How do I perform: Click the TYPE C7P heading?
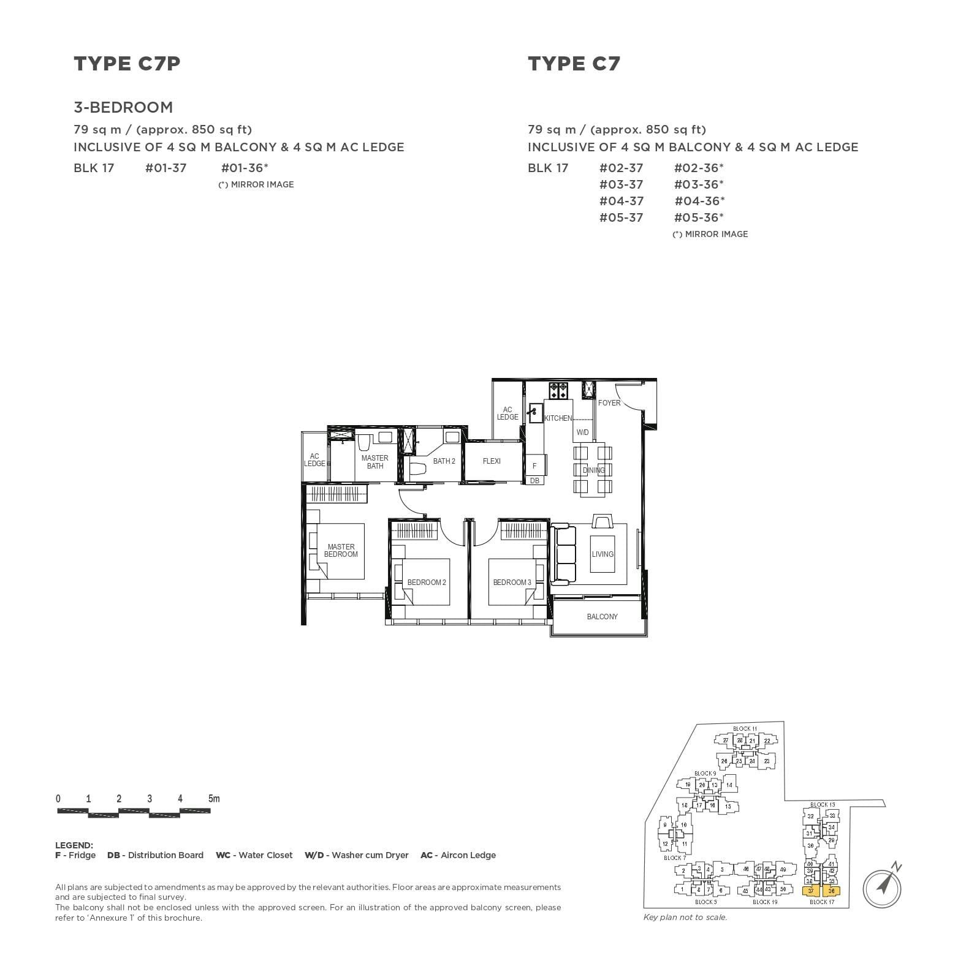coord(127,63)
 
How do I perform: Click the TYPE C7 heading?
coord(574,63)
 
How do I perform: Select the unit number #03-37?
coord(621,184)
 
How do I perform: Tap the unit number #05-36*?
coord(699,217)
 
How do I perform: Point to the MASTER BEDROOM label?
coord(341,550)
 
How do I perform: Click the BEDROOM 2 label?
coord(427,582)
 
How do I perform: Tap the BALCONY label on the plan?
coord(602,616)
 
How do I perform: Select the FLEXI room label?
coord(492,461)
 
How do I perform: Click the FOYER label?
coord(609,402)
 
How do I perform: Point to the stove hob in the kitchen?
coord(558,388)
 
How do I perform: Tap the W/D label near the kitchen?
coord(582,432)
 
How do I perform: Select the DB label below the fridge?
coord(534,481)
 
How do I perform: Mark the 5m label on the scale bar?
coord(213,798)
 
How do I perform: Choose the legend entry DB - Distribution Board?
coord(155,855)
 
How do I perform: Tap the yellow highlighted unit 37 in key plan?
coord(811,891)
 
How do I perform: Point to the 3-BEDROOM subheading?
coord(123,107)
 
